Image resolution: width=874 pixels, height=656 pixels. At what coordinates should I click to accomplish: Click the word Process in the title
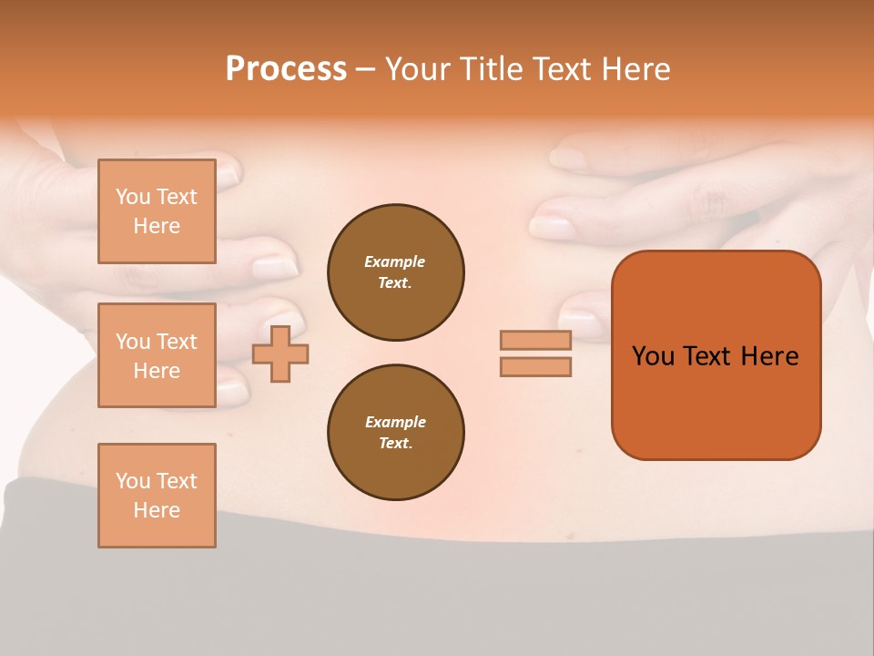pyautogui.click(x=286, y=69)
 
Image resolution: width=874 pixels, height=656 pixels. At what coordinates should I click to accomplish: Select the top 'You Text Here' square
pyautogui.click(x=157, y=211)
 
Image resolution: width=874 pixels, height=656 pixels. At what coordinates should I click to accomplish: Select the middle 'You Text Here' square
pyautogui.click(x=157, y=355)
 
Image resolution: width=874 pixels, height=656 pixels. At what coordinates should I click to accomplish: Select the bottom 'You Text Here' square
pyautogui.click(x=157, y=496)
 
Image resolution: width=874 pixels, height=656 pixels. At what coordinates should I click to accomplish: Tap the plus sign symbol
pyautogui.click(x=280, y=354)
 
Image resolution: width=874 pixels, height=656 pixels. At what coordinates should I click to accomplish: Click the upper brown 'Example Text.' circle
pyautogui.click(x=395, y=272)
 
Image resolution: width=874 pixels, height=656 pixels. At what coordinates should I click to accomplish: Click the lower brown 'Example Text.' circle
pyautogui.click(x=395, y=433)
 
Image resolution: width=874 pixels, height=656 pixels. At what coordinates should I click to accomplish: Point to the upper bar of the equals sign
pyautogui.click(x=535, y=341)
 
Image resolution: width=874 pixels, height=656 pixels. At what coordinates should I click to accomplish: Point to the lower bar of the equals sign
pyautogui.click(x=535, y=367)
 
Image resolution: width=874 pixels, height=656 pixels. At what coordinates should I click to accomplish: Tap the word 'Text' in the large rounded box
pyautogui.click(x=708, y=356)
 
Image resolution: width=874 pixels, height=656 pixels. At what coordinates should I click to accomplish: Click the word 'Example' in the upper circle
pyautogui.click(x=395, y=262)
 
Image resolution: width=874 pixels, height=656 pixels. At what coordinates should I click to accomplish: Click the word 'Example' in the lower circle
pyautogui.click(x=395, y=423)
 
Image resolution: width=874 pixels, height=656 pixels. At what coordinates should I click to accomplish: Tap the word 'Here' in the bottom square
pyautogui.click(x=157, y=511)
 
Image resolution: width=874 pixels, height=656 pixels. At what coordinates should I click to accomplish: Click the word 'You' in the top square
pyautogui.click(x=133, y=197)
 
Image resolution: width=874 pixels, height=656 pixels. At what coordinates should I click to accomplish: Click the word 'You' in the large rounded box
pyautogui.click(x=653, y=356)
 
